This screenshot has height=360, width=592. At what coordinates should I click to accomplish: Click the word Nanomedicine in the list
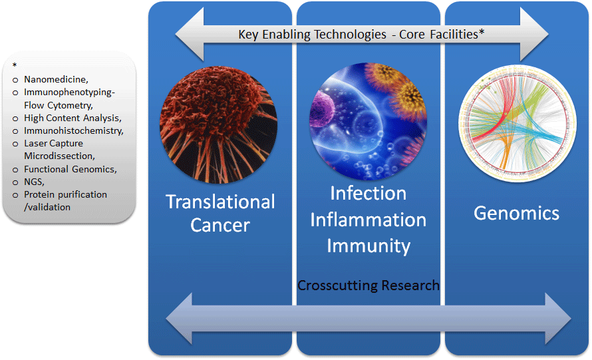click(x=55, y=80)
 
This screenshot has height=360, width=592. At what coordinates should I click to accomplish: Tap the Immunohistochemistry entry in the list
click(x=73, y=130)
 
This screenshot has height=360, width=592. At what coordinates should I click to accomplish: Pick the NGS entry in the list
click(x=34, y=182)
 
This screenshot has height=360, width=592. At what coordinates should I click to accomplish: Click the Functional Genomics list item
click(x=70, y=169)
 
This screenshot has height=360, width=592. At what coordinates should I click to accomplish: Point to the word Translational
click(x=220, y=201)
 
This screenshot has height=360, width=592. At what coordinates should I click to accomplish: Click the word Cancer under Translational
click(x=220, y=225)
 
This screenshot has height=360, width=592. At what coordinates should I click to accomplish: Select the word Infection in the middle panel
click(x=368, y=193)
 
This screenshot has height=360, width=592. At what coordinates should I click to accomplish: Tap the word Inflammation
click(x=368, y=219)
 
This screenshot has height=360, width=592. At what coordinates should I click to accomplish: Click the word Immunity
click(x=368, y=246)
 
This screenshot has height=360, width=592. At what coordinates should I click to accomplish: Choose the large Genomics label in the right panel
click(x=516, y=213)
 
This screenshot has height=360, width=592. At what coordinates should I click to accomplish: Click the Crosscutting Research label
click(x=368, y=285)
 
